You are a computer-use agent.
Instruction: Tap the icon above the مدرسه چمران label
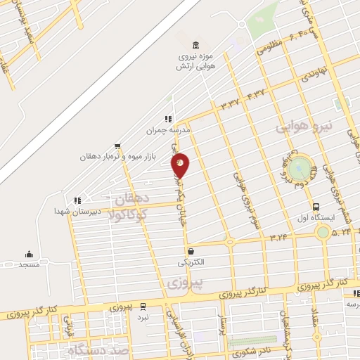pyautogui.click(x=168, y=119)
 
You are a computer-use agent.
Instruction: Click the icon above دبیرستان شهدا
pyautogui.click(x=77, y=200)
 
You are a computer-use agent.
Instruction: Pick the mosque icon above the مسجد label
pyautogui.click(x=29, y=254)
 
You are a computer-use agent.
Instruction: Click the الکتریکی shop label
pyautogui.click(x=192, y=262)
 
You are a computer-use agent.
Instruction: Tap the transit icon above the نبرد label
pyautogui.click(x=143, y=307)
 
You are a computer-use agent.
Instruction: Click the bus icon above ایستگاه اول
pyautogui.click(x=316, y=207)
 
